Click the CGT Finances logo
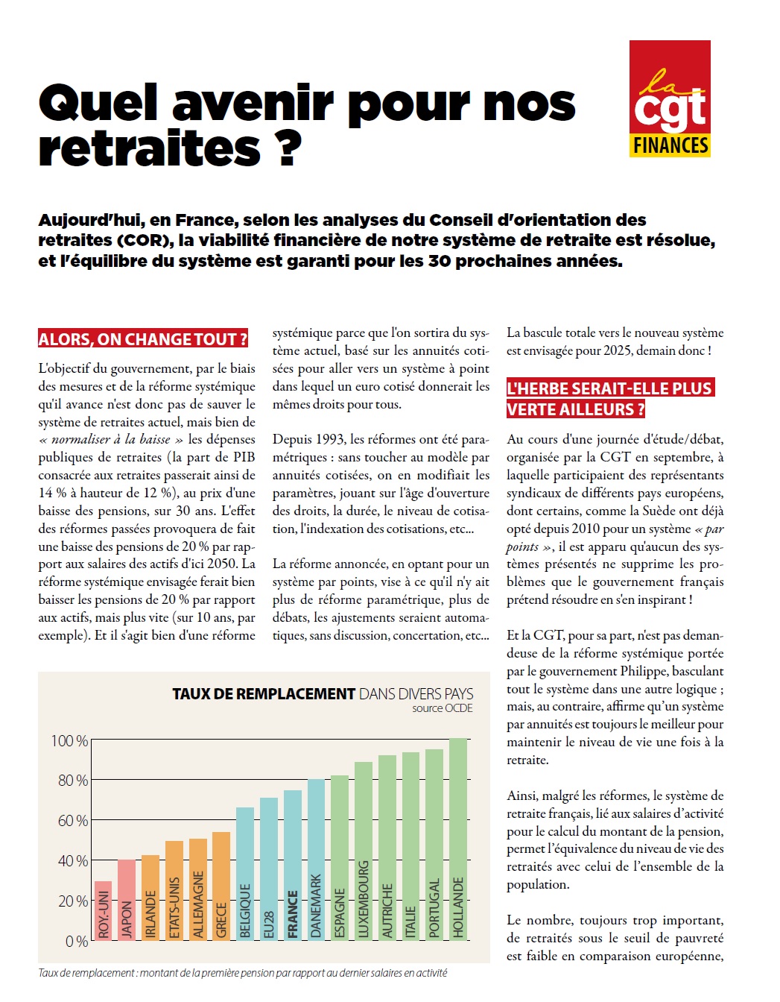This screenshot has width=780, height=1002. pyautogui.click(x=670, y=98)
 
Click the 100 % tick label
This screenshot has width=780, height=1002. pyautogui.click(x=69, y=741)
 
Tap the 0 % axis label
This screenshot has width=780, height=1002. pyautogui.click(x=77, y=942)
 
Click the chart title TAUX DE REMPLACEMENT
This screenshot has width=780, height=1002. pyautogui.click(x=264, y=694)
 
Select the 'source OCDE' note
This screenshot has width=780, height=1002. pyautogui.click(x=443, y=708)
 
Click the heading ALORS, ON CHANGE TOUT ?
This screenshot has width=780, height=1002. pyautogui.click(x=143, y=339)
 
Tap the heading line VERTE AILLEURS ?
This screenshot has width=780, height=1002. pyautogui.click(x=575, y=409)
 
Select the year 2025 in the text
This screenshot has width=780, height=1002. pyautogui.click(x=617, y=350)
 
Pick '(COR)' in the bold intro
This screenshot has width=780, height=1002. pyautogui.click(x=140, y=240)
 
